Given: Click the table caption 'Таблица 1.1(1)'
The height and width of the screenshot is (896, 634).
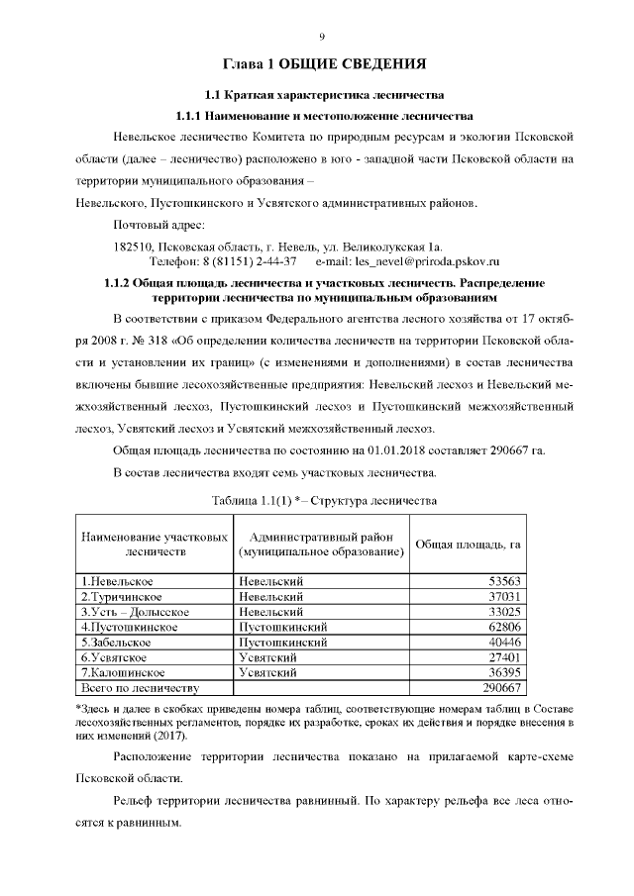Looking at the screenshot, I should pyautogui.click(x=261, y=500).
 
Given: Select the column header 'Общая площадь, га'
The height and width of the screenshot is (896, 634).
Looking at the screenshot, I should pyautogui.click(x=468, y=544).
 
